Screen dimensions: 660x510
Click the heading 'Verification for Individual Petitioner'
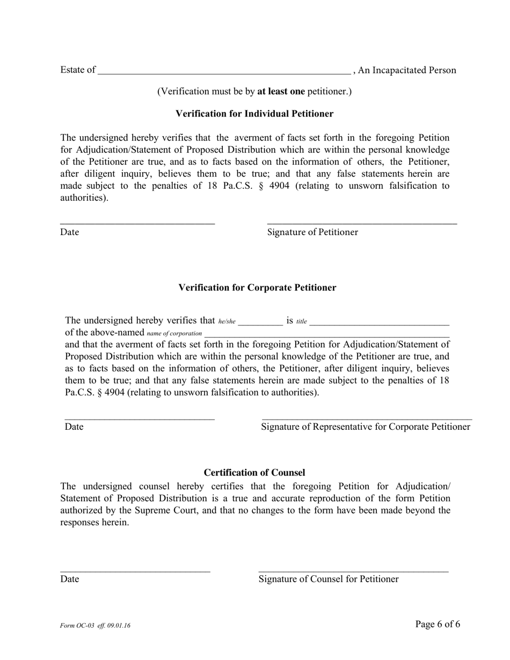tap(254, 114)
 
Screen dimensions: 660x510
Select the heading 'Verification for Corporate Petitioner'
tap(257, 288)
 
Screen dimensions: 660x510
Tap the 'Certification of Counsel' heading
tap(254, 473)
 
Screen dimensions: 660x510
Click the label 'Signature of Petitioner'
tap(312, 232)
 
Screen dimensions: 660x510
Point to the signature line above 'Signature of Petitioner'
tap(362, 223)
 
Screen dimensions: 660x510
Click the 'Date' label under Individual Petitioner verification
tap(70, 232)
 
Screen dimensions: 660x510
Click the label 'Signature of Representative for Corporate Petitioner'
tap(366, 427)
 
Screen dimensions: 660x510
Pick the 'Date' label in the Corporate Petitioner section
tap(74, 427)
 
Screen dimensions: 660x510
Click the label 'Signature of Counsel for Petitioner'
tap(329, 579)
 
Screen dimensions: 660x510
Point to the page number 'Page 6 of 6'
tap(438, 624)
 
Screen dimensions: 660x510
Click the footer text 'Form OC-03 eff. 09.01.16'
tap(96, 626)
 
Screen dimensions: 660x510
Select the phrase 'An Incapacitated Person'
tap(407, 70)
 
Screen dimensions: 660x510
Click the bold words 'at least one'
tap(281, 92)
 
